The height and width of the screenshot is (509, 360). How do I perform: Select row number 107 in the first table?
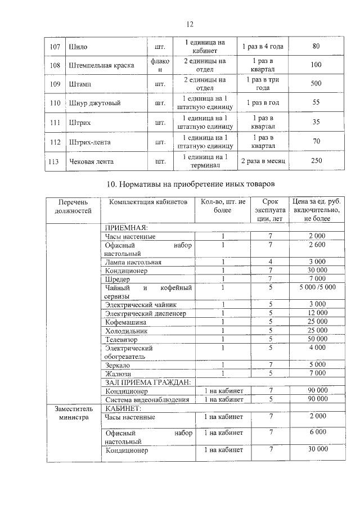[55, 47]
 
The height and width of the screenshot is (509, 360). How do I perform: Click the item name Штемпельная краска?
[100, 65]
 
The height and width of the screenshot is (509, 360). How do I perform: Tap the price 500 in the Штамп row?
[316, 84]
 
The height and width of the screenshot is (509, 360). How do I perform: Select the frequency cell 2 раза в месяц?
[263, 161]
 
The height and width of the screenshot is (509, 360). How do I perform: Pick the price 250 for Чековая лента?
[316, 161]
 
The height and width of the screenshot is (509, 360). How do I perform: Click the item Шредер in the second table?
[118, 279]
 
